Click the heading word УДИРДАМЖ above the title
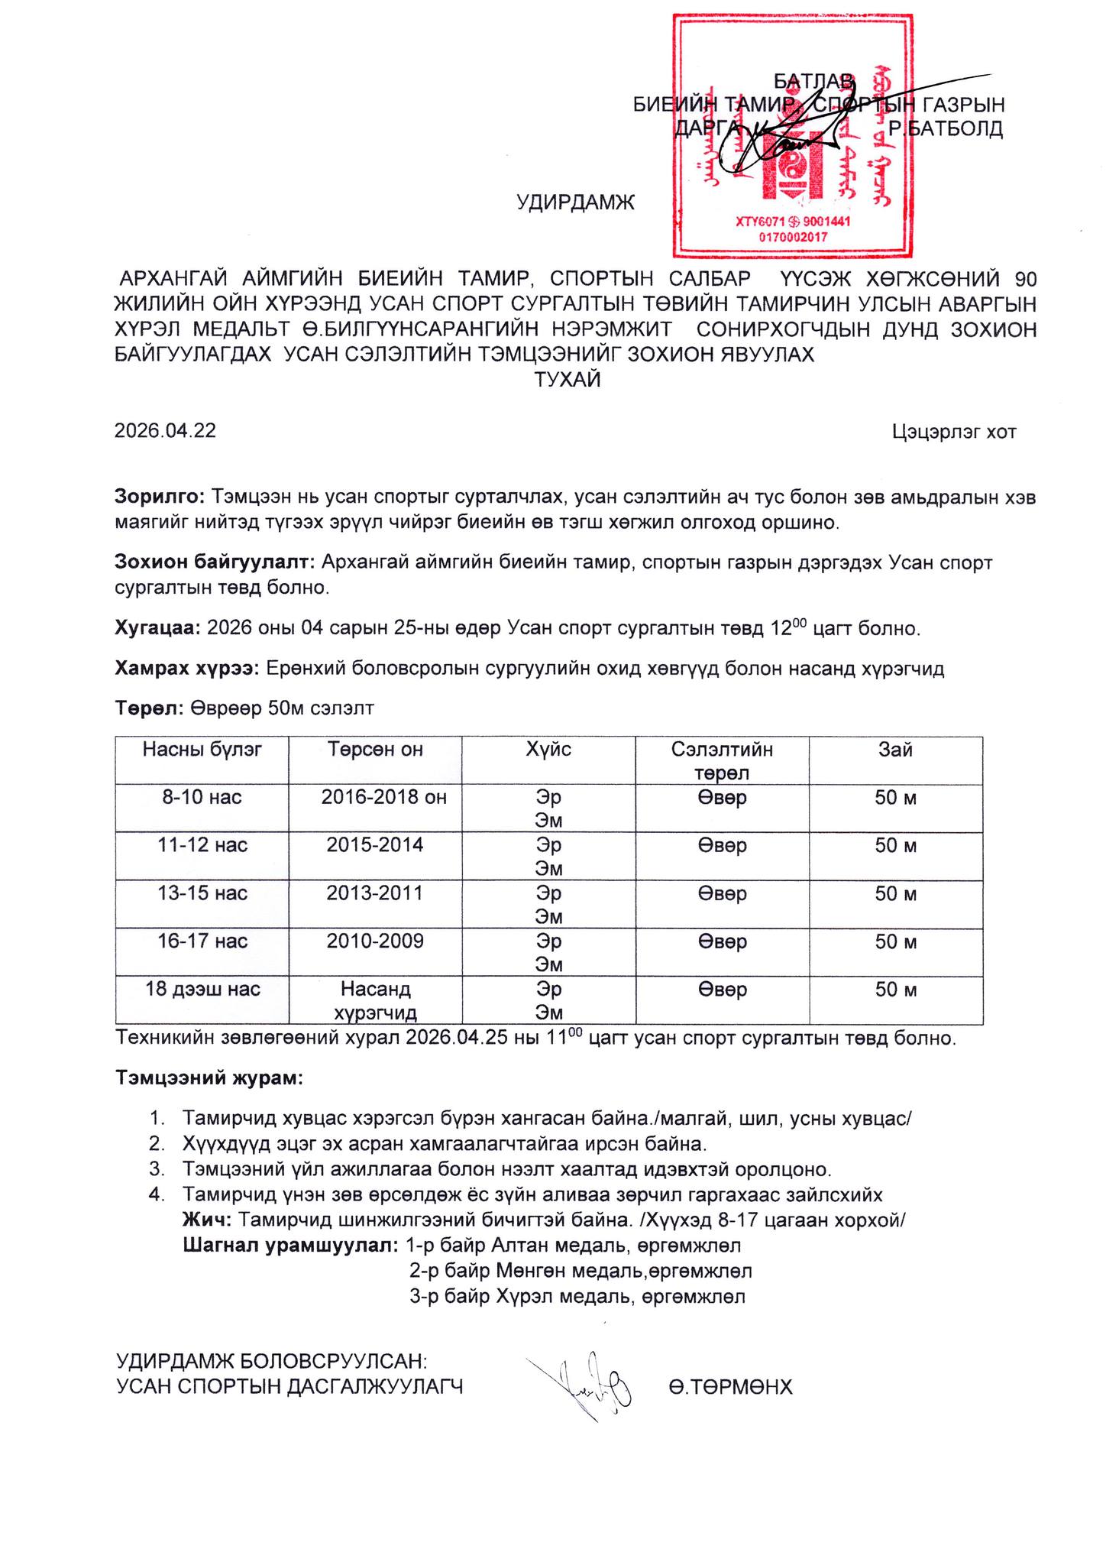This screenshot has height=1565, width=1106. pos(575,203)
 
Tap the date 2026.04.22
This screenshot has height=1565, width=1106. pos(165,431)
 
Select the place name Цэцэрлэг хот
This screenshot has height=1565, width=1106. pos(953,433)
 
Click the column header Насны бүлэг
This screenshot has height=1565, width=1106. pos(202,750)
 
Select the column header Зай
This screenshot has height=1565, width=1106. pos(895,750)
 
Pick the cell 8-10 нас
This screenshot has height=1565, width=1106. pos(202,798)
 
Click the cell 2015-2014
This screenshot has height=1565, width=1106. pos(374,845)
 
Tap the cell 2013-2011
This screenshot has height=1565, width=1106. pos(374,893)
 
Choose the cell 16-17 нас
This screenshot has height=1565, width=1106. pos(202,941)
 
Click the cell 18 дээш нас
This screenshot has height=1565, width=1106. pos(202,990)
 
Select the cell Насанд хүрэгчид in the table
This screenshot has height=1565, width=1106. pos(375,1001)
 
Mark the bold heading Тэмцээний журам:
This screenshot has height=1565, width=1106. pos(209,1078)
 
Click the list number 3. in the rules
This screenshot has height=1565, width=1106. pos(157,1170)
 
